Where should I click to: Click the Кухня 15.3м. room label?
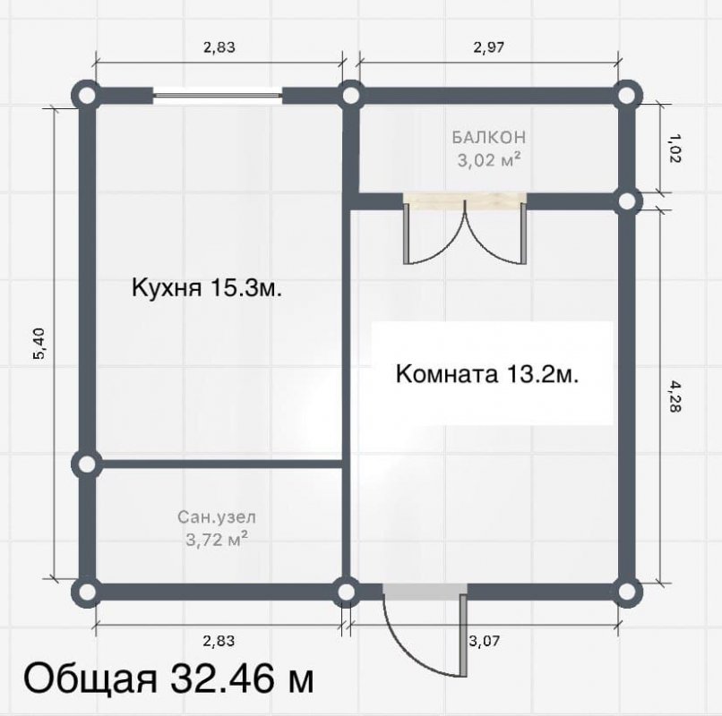206,288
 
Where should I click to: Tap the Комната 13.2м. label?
487,373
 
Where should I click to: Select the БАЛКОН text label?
488,137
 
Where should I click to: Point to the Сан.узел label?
217,517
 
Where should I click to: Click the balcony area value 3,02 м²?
489,159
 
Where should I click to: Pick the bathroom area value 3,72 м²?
217,539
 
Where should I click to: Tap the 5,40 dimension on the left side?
39,344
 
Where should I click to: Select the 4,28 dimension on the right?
675,396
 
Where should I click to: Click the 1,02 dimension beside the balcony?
675,149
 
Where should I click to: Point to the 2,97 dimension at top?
488,47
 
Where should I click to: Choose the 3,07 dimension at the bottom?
485,641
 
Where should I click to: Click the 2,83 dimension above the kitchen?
219,47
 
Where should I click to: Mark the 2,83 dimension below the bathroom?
219,641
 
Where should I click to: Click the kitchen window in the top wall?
218,95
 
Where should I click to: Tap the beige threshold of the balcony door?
465,201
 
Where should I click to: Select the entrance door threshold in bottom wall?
425,592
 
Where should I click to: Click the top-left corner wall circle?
86,96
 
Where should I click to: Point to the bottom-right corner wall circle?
626,592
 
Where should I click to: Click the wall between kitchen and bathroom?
221,464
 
